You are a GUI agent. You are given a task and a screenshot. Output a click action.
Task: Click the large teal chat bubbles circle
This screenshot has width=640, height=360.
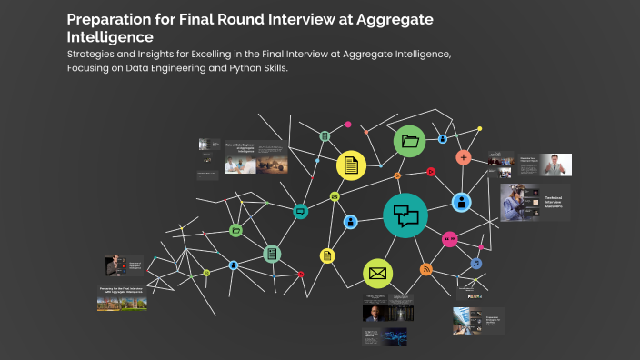(x=405, y=215)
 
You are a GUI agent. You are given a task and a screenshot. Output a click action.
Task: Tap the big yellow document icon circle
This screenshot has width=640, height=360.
(x=351, y=165)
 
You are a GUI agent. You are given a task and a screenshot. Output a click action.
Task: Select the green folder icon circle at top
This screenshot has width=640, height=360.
(x=410, y=141)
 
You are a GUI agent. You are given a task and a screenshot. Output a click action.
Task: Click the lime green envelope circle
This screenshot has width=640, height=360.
(x=377, y=273)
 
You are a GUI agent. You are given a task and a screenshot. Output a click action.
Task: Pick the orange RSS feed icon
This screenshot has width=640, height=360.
(x=425, y=269)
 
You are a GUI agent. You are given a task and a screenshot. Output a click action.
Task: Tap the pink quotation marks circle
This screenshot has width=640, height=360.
(x=448, y=239)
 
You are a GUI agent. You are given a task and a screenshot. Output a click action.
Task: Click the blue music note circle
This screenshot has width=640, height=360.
(x=475, y=264)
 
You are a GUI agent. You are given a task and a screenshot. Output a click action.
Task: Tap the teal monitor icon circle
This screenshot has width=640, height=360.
(x=301, y=211)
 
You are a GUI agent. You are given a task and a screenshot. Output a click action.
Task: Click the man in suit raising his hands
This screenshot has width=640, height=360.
(x=555, y=165)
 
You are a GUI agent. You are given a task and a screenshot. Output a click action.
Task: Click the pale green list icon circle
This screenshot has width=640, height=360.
(x=271, y=254)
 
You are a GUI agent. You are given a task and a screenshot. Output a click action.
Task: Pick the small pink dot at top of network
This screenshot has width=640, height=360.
(x=347, y=124)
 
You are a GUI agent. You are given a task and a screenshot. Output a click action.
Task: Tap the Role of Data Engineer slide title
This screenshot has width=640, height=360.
(x=241, y=146)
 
